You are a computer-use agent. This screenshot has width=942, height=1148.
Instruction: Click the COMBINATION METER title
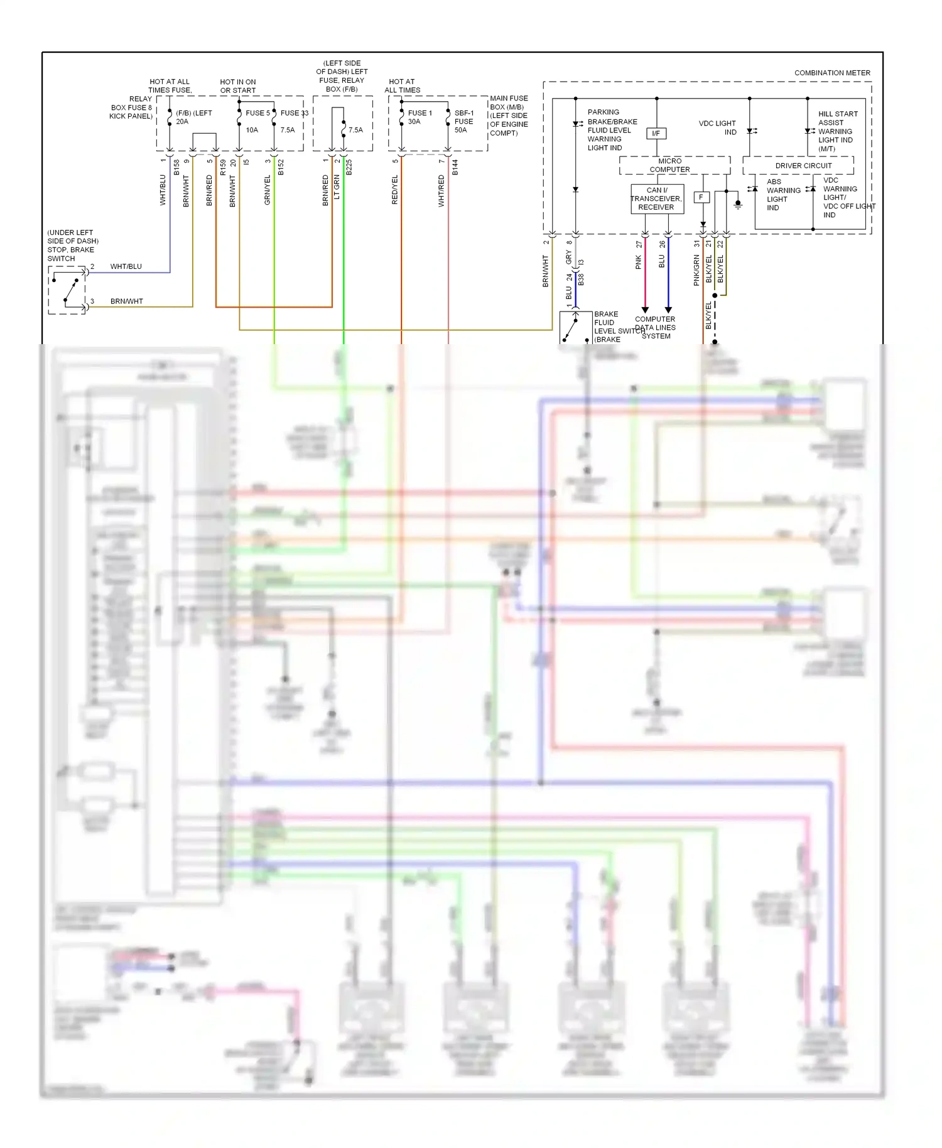click(832, 73)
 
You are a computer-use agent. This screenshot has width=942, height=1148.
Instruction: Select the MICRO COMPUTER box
click(669, 165)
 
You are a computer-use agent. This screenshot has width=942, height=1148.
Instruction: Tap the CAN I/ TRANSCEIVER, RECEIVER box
click(656, 198)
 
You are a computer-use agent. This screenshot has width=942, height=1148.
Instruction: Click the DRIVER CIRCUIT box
click(803, 166)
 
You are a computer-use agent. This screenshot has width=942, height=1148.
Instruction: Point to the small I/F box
click(656, 133)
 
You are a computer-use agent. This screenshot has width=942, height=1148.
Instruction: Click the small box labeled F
click(701, 197)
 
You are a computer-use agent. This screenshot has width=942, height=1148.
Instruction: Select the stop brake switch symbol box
click(67, 290)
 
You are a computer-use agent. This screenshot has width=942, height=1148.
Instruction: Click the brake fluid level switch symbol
click(575, 327)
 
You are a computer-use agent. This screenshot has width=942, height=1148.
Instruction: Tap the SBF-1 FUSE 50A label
click(463, 121)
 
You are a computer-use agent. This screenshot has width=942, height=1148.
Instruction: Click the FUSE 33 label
click(294, 113)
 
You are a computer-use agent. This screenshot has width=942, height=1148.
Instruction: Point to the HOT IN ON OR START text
click(238, 86)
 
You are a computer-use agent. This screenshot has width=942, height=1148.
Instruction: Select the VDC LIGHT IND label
click(717, 127)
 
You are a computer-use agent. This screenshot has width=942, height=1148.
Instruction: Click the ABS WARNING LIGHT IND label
click(782, 195)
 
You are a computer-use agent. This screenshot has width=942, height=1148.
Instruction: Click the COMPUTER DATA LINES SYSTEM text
click(655, 327)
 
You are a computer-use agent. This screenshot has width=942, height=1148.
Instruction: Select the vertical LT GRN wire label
click(337, 187)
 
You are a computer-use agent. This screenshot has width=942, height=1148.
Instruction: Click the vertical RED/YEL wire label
click(395, 190)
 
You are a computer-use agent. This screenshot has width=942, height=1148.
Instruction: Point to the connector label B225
click(349, 168)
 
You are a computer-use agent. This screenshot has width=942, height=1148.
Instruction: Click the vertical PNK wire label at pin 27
click(639, 262)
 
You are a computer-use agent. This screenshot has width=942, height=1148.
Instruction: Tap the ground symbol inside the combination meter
click(739, 205)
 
